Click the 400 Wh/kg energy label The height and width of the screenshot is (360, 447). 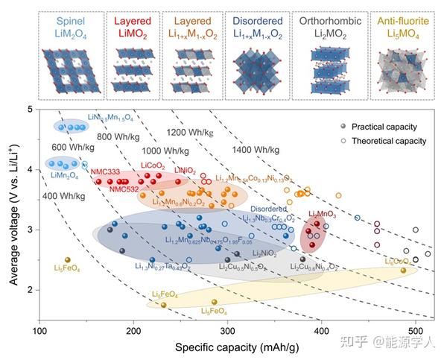click(x=63, y=195)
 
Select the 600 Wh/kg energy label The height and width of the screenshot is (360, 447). click(x=73, y=148)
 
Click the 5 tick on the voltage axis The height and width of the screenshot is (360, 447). click(x=30, y=110)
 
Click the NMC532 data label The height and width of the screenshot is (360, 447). click(x=124, y=189)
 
